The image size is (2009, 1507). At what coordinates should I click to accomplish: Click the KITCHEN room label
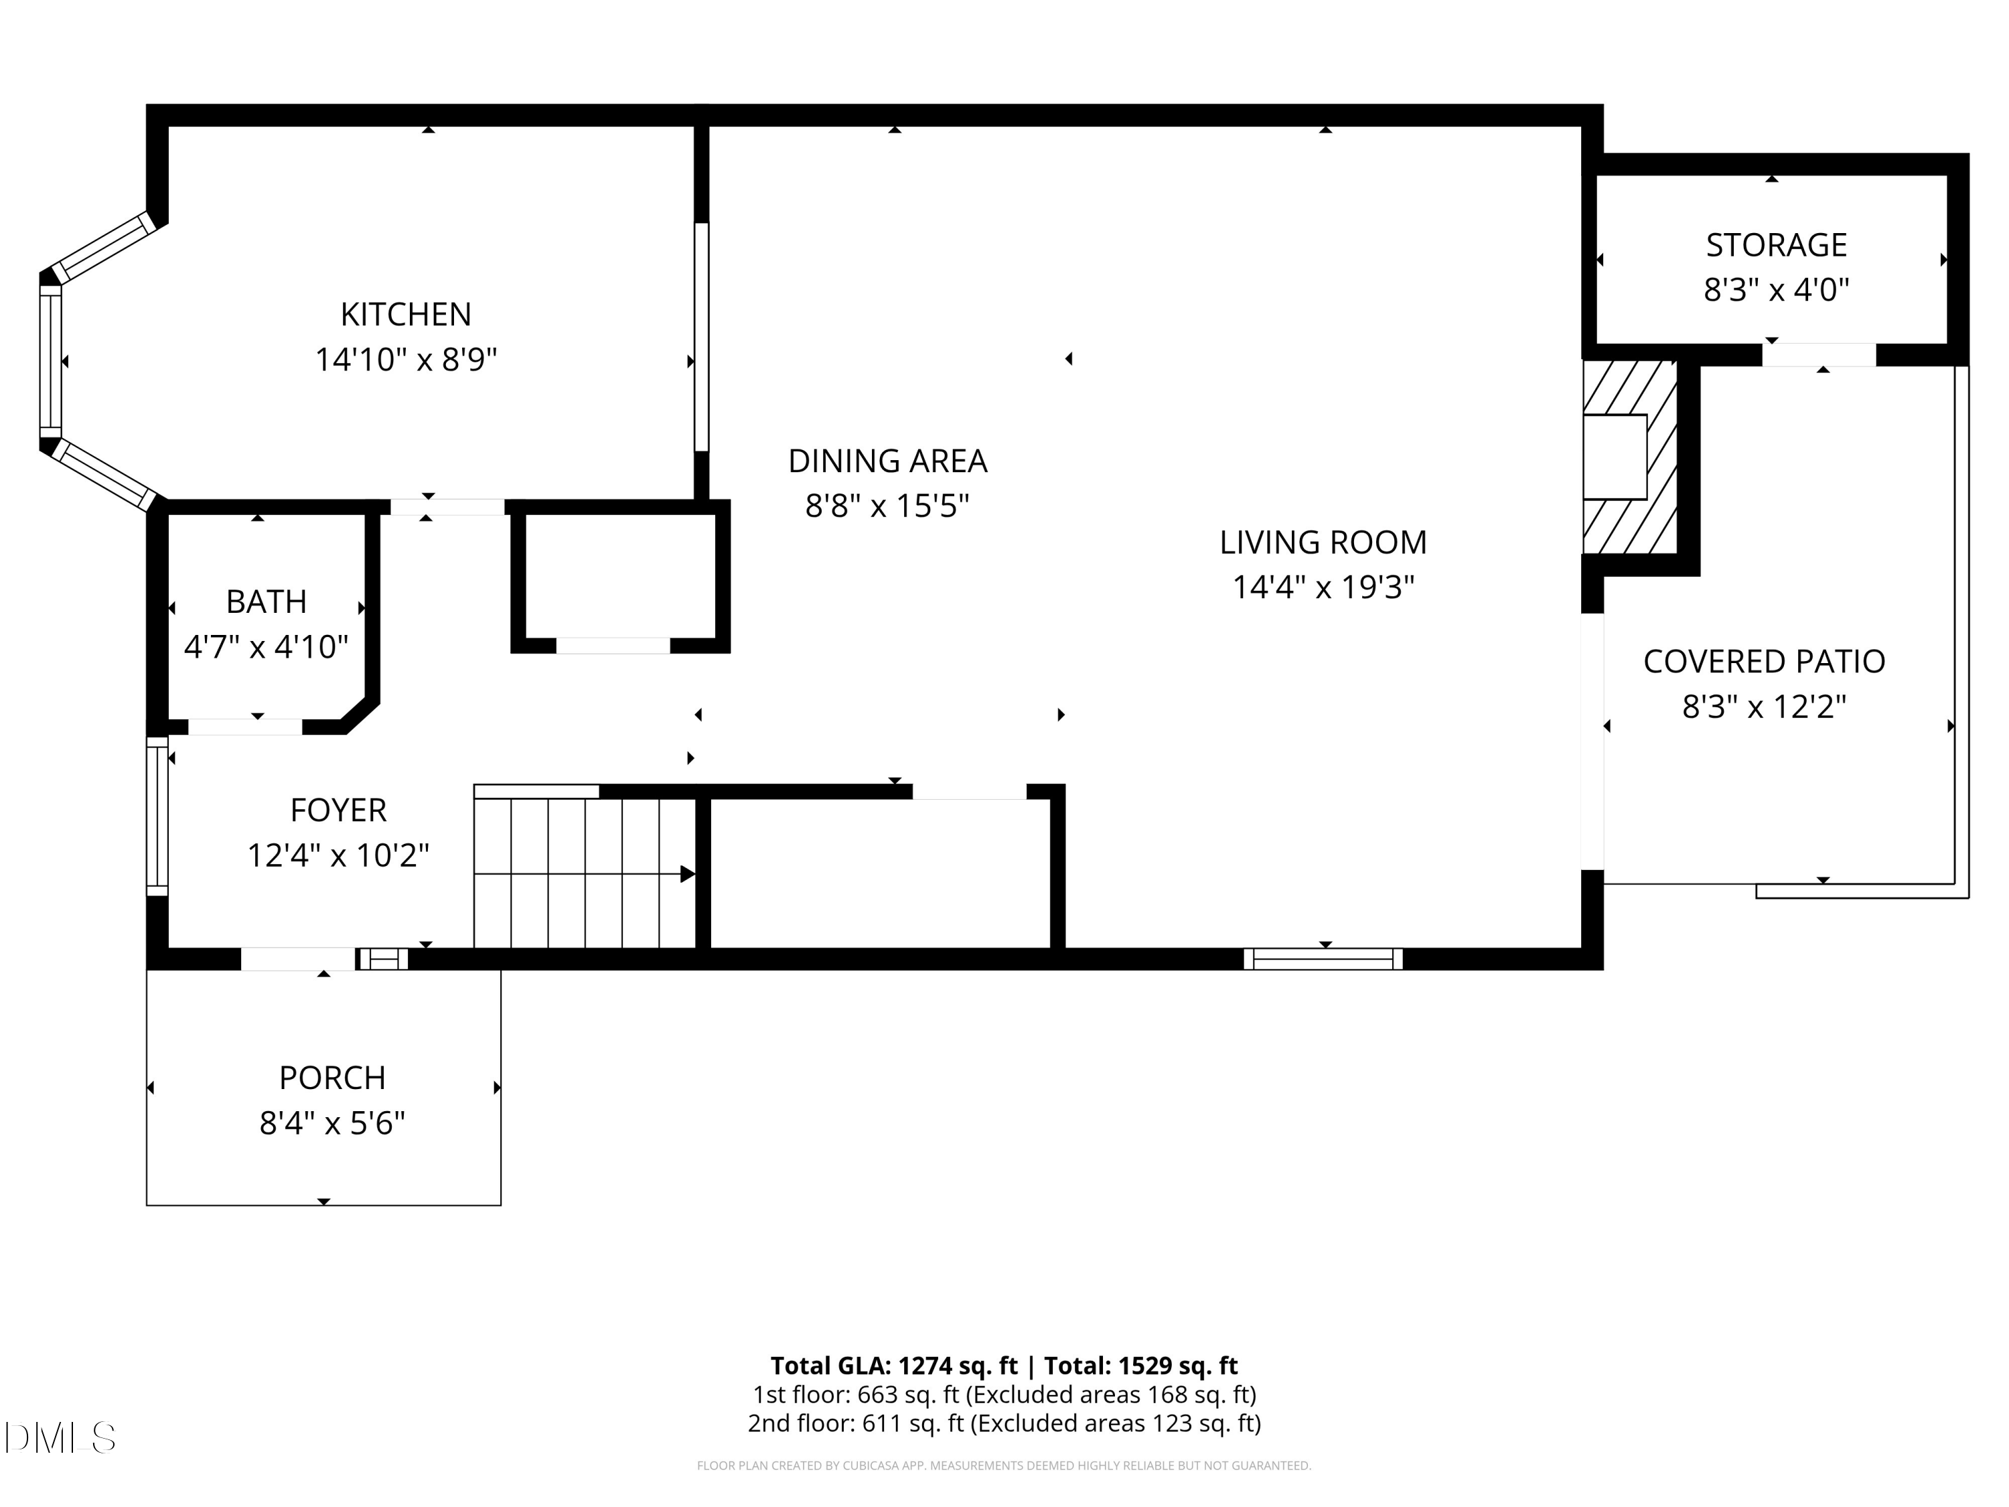tap(405, 314)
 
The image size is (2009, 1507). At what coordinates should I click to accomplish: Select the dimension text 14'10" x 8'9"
tap(405, 360)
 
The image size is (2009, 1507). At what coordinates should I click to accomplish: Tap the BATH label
tap(265, 601)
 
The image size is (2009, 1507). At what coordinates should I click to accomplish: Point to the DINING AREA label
tap(887, 461)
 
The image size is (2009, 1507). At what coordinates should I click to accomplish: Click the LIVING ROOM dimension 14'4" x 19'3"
tap(1323, 587)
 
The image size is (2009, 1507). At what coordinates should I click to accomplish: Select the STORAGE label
tap(1775, 245)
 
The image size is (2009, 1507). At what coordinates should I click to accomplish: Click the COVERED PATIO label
tap(1764, 661)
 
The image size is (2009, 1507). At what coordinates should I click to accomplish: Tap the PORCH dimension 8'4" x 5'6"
tap(331, 1124)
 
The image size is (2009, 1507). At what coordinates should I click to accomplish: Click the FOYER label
tap(338, 809)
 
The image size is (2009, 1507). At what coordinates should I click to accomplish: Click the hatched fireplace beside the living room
tap(1629, 457)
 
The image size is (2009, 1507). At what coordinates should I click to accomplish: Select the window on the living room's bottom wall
tap(1323, 958)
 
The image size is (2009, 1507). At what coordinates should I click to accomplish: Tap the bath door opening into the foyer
tap(244, 727)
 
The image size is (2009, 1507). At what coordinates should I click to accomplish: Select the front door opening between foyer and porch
tap(298, 958)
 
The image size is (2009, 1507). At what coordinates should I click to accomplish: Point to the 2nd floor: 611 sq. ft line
tap(1004, 1423)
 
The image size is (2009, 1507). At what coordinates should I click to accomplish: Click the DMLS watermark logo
tap(60, 1437)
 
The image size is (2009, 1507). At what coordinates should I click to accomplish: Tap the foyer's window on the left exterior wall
tap(157, 815)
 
